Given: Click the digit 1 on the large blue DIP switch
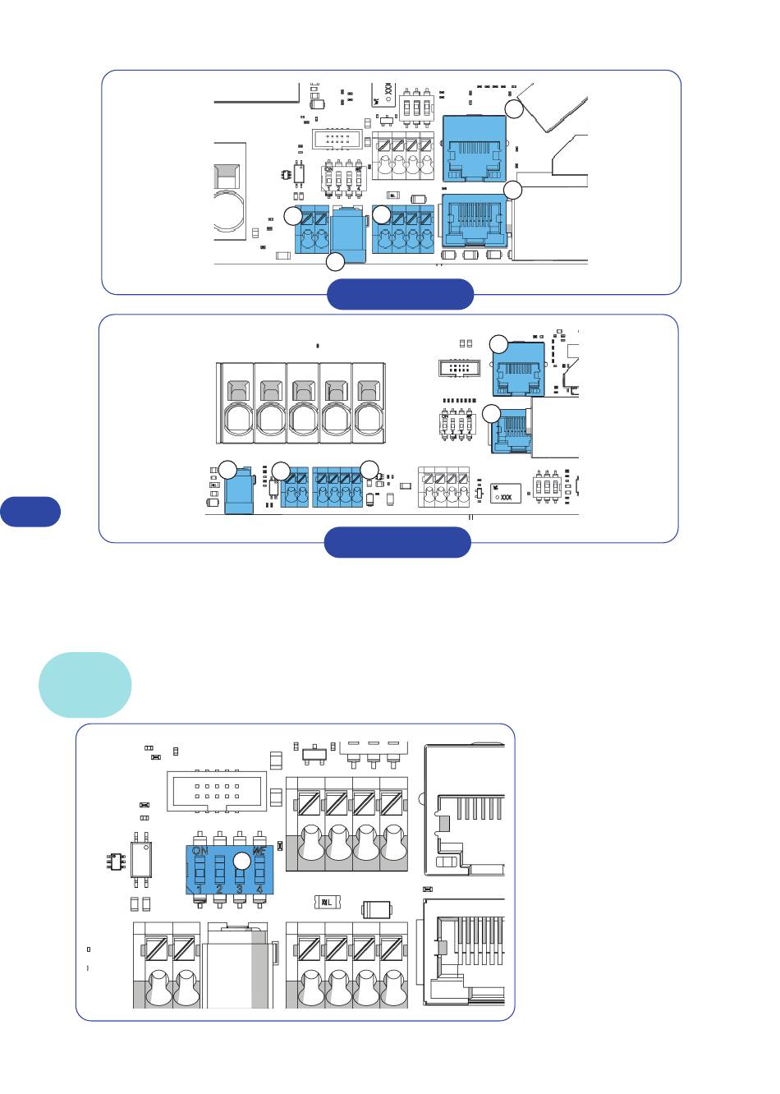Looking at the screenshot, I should [x=200, y=888].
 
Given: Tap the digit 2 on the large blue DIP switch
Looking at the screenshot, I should [x=219, y=888].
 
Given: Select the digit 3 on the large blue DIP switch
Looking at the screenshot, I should [x=239, y=888].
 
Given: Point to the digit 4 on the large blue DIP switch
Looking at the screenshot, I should [x=259, y=888].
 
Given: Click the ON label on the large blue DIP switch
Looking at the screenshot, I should [x=199, y=851].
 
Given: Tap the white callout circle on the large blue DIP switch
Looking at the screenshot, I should [x=241, y=861].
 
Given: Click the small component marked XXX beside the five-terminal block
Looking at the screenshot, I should [x=505, y=494].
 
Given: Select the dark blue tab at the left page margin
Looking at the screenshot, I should [x=30, y=511].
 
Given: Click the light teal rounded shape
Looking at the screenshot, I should [x=85, y=684].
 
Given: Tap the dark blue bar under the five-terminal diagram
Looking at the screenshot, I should [x=397, y=542].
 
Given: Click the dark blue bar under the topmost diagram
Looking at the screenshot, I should [x=400, y=294].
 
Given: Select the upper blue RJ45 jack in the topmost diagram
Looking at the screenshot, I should [x=474, y=149].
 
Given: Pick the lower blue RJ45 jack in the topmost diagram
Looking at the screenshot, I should [x=474, y=220].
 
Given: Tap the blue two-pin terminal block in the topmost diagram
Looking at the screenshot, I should [x=313, y=231].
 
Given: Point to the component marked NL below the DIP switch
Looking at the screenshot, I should [x=328, y=903].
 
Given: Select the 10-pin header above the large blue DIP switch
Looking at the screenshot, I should [x=218, y=791].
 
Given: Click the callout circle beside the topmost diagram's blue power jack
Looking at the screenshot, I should [x=336, y=263].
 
